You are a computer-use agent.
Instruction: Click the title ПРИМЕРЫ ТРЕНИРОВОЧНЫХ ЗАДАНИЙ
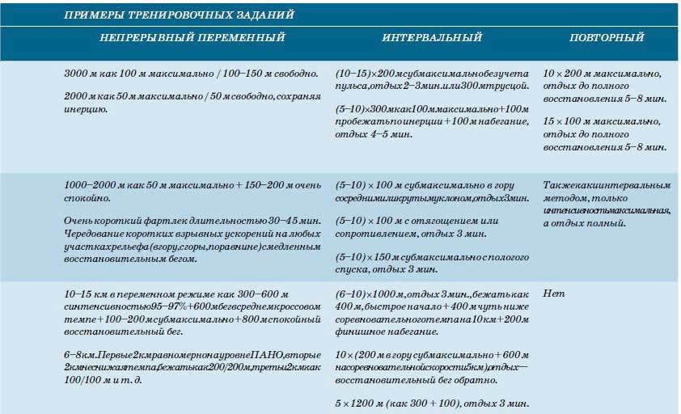pyautogui.click(x=179, y=15)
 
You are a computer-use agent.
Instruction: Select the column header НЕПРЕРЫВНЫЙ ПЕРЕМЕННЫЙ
pyautogui.click(x=192, y=38)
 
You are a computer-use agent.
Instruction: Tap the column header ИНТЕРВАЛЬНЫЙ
pyautogui.click(x=432, y=38)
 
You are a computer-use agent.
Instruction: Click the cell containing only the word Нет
pyautogui.click(x=553, y=293)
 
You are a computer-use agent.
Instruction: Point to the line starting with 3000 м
pyautogui.click(x=190, y=73)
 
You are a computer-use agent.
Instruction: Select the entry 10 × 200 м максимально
pyautogui.click(x=602, y=73)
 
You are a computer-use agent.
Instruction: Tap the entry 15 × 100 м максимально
pyautogui.click(x=602, y=120)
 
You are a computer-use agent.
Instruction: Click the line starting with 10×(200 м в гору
pyautogui.click(x=434, y=355)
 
